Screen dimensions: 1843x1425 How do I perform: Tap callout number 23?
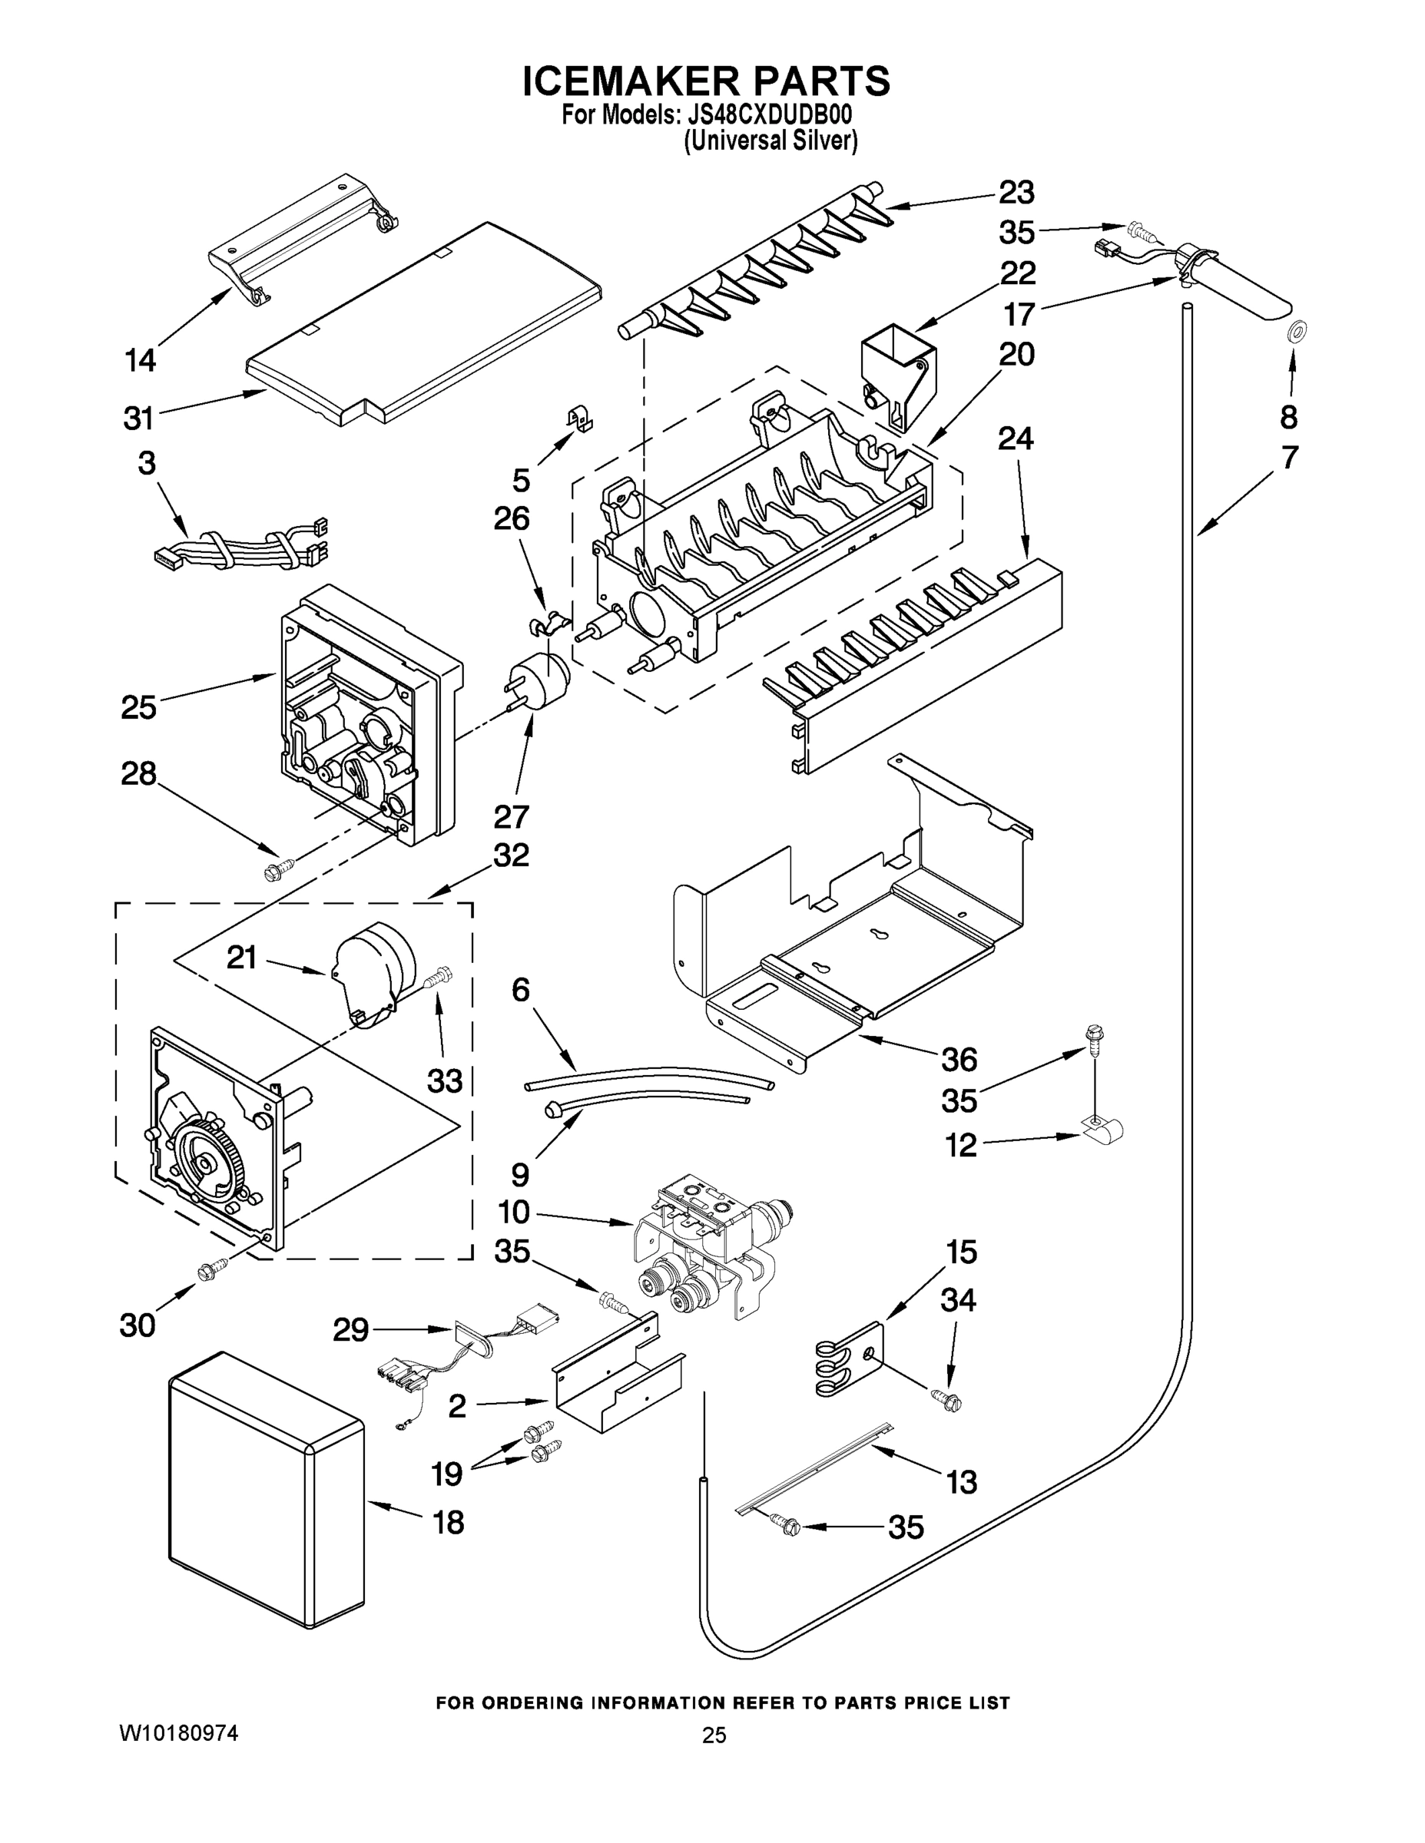pyautogui.click(x=1016, y=193)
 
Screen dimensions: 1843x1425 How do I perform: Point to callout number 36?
pyautogui.click(x=959, y=1059)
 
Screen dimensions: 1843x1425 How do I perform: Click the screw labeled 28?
pyautogui.click(x=280, y=869)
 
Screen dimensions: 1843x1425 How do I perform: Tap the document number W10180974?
pyautogui.click(x=178, y=1733)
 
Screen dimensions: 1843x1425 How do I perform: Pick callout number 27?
pyautogui.click(x=511, y=816)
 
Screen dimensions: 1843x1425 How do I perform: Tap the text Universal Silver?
pyautogui.click(x=770, y=141)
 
